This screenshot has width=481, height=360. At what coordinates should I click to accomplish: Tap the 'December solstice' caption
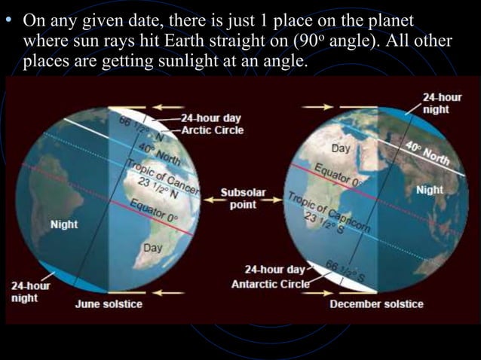(376, 304)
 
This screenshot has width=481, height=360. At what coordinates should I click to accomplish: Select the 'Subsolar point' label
(243, 199)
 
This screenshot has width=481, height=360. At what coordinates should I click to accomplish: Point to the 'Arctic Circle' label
(213, 130)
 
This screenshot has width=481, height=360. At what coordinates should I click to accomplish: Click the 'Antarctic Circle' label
(270, 284)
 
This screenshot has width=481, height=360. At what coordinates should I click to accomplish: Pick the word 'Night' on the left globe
(64, 224)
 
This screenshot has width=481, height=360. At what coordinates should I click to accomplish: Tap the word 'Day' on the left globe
(153, 248)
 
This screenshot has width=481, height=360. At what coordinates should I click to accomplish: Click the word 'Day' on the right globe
(341, 148)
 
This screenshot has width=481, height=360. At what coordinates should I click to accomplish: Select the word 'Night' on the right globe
(430, 190)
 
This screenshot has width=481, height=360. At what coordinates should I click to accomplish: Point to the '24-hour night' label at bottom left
(30, 291)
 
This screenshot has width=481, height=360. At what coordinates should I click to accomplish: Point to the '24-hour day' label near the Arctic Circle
(211, 118)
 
